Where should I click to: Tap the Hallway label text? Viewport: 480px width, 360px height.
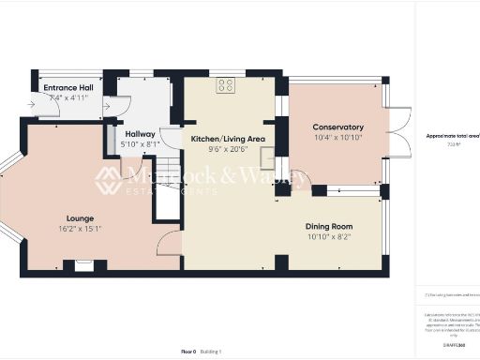pos(140,134)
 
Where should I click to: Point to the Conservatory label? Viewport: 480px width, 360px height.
pos(337,127)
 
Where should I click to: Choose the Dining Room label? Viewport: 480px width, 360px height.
pos(328,226)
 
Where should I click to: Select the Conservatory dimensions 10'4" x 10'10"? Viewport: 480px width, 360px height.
pos(337,138)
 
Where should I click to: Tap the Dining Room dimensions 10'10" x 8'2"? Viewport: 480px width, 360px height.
pos(328,236)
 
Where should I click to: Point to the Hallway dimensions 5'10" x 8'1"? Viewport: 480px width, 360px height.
pos(140,144)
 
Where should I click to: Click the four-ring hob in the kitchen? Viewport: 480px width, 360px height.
pos(226,85)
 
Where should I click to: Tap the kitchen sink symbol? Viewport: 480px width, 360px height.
pos(268,157)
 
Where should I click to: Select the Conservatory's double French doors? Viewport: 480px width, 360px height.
pos(398,131)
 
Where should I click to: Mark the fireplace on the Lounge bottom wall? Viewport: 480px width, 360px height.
pos(84,265)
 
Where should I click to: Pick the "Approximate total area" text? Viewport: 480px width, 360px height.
pos(454,136)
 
